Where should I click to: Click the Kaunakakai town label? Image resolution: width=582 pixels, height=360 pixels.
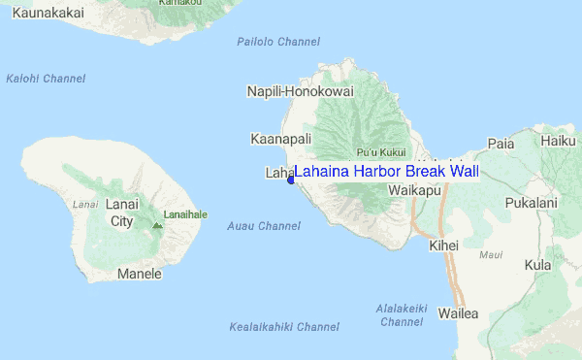coord(42,13)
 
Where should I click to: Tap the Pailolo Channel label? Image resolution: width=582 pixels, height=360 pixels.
coord(278,42)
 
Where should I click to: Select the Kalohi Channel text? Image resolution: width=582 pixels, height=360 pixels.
coord(46,79)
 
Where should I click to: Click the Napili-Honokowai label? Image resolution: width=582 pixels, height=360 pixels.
coord(301,91)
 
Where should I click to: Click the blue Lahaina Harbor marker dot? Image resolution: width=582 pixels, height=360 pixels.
coord(290,180)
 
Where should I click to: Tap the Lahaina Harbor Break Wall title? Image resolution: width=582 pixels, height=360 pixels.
coord(386,172)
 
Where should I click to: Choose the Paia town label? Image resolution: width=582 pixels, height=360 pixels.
coord(501,144)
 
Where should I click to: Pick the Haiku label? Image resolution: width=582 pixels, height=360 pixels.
coord(558,141)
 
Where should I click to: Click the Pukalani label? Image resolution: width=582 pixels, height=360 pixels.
coord(531,203)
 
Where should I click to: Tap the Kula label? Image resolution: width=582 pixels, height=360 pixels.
coord(536,265)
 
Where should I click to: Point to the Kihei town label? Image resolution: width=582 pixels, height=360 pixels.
coord(443,245)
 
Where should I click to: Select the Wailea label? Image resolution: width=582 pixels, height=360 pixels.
coord(459,313)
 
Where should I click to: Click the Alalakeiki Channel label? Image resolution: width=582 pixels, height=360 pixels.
coord(402,314)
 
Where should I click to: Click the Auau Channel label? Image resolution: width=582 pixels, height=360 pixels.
coord(263,226)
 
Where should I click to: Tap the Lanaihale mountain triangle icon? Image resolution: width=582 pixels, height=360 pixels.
coord(157,225)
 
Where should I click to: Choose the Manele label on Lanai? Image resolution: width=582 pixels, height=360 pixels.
coord(139,274)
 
